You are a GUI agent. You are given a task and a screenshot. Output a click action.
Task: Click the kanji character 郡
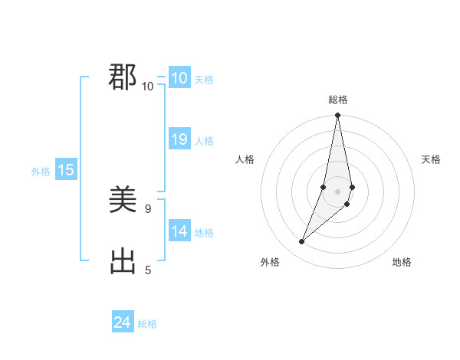pos(123,77)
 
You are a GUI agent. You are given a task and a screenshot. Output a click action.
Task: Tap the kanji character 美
pos(123,201)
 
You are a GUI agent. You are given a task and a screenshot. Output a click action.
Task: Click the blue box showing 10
pos(179,78)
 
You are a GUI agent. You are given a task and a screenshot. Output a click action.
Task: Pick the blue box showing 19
pos(179,139)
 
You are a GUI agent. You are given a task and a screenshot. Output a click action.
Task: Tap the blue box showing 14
pos(179,231)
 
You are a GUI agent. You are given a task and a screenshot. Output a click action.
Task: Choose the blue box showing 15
pos(66,170)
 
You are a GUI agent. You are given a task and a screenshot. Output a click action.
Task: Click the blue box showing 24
pos(123,322)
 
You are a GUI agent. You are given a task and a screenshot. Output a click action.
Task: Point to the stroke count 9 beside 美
pos(148,208)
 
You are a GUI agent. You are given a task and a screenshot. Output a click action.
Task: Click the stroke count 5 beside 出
pos(148,269)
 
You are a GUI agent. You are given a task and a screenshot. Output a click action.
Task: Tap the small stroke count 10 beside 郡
pos(148,86)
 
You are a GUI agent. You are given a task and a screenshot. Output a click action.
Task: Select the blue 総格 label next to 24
pos(147,324)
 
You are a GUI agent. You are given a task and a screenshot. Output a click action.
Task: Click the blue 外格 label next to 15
pos(41,172)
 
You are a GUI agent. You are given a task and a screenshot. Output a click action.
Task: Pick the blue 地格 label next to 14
pos(204,233)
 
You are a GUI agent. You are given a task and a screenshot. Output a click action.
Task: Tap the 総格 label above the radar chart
pos(337,100)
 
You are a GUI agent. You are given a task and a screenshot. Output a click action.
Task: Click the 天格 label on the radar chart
pos(431,159)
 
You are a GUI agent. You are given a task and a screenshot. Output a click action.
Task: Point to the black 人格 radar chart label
pos(245,159)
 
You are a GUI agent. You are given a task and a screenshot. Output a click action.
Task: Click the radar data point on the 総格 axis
pos(337,116)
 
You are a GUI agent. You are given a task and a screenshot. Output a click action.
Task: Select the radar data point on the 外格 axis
pos(302,241)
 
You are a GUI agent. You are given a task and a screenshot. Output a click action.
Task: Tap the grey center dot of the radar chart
pos(337,191)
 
